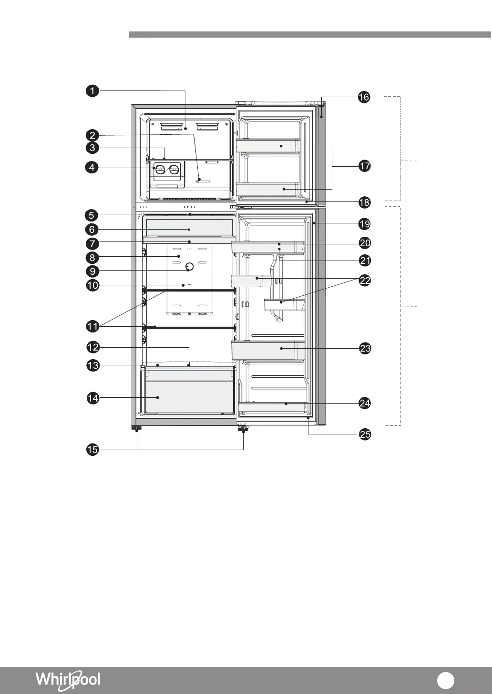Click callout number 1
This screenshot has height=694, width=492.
click(92, 91)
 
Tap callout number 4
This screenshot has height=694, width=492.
click(92, 168)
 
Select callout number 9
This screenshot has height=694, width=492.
click(92, 272)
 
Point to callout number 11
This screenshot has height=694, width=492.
click(92, 327)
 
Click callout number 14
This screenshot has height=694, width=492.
click(93, 398)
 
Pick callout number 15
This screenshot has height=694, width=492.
click(92, 450)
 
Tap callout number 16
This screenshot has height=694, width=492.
click(364, 97)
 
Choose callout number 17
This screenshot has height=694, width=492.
click(365, 166)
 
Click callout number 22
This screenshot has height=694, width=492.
click(365, 281)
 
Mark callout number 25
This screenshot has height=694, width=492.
click(365, 434)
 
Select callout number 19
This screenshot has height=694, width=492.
click(365, 224)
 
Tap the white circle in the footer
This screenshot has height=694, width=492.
click(445, 680)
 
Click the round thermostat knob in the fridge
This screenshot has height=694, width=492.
click(189, 266)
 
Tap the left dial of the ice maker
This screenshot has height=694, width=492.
click(160, 170)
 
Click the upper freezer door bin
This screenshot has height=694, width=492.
click(268, 146)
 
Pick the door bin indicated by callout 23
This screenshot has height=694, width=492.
click(268, 351)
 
